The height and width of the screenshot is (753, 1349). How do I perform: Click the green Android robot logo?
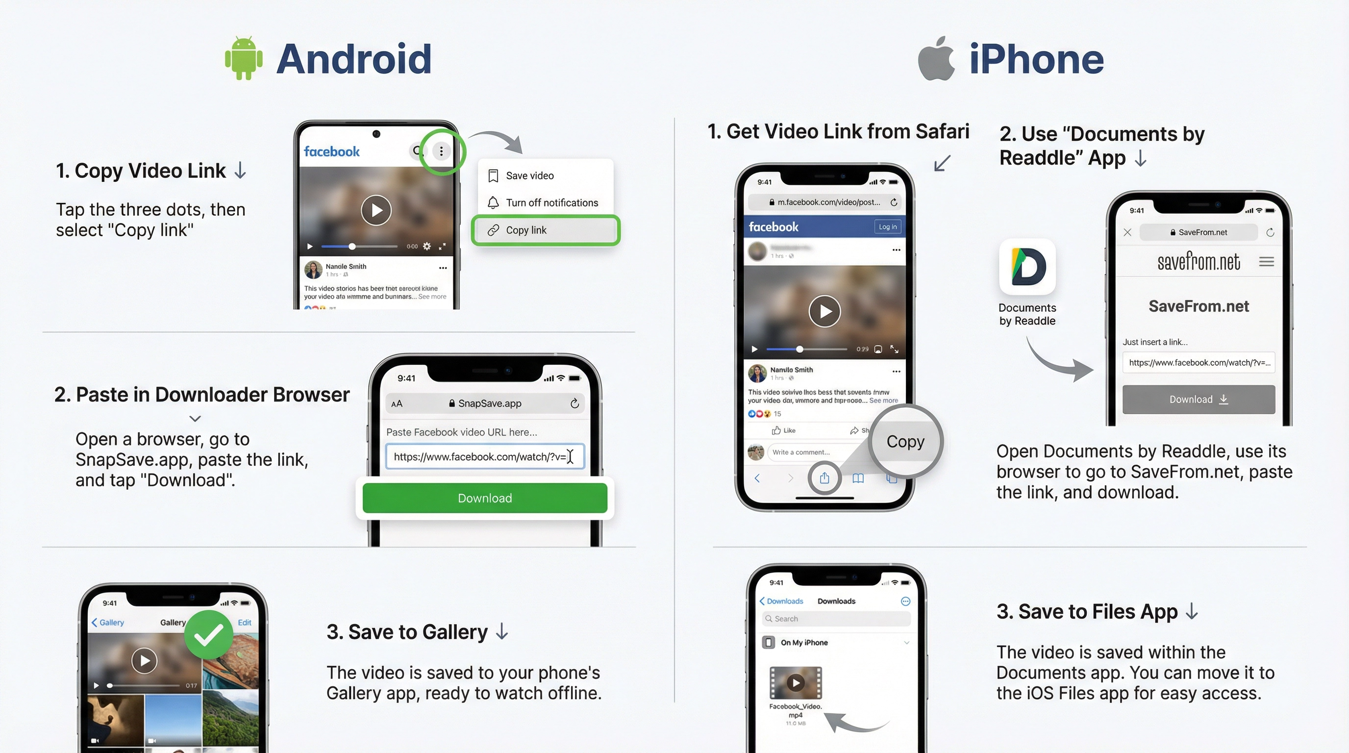(244, 58)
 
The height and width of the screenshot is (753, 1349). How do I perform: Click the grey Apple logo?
(936, 59)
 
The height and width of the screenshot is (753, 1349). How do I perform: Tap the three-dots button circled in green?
(442, 151)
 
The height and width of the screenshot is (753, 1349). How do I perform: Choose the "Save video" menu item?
(529, 176)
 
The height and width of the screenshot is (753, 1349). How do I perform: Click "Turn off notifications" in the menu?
(551, 202)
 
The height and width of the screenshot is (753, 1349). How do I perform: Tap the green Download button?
(484, 498)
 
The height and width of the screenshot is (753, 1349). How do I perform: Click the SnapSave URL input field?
(484, 456)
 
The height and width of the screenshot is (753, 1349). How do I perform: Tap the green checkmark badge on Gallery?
(208, 635)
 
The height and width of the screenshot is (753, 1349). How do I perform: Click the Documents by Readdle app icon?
(1027, 267)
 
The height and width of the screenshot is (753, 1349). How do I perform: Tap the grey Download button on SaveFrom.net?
(1198, 400)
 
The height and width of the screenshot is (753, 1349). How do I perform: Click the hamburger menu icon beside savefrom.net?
(1266, 261)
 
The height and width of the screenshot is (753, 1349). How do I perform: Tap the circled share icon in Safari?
(824, 477)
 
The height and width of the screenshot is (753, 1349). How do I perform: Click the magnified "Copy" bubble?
(905, 441)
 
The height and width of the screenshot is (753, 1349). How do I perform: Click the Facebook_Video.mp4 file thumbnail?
(796, 682)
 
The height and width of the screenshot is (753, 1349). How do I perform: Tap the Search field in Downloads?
(836, 618)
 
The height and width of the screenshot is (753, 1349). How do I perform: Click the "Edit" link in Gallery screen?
(245, 623)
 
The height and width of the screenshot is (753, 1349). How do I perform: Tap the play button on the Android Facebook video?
(376, 210)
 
